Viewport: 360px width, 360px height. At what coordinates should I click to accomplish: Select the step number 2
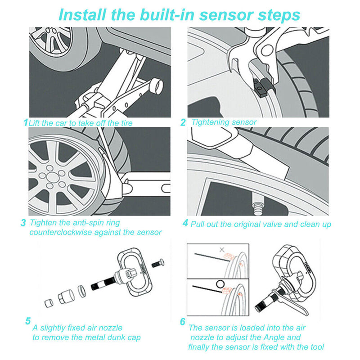183,122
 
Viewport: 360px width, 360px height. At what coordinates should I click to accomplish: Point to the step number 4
185,223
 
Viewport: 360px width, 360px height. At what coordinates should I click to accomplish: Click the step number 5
28,321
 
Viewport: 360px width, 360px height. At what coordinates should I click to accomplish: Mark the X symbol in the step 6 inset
221,249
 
